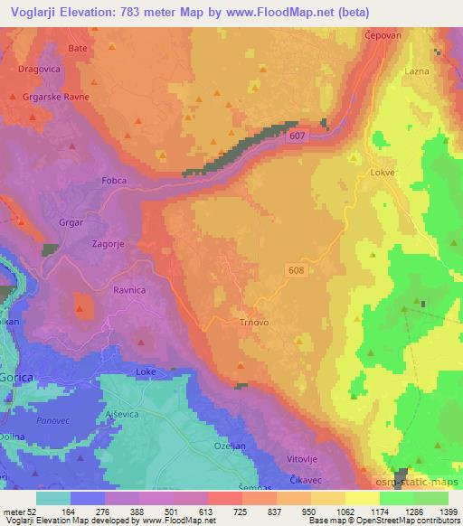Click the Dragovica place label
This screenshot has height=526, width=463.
(x=38, y=68)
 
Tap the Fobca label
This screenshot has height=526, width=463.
(x=115, y=179)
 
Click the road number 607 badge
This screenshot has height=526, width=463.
(x=296, y=136)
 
